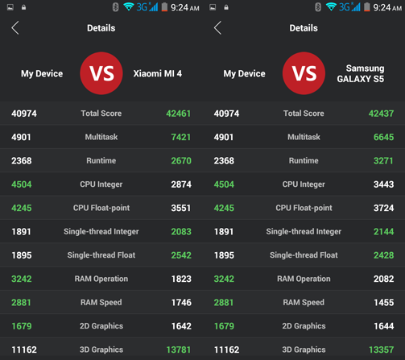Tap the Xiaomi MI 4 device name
pyautogui.click(x=157, y=74)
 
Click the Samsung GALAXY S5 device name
pyautogui.click(x=365, y=74)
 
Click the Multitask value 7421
pyautogui.click(x=181, y=138)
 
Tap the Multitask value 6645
pyautogui.click(x=383, y=138)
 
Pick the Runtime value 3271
pyautogui.click(x=383, y=161)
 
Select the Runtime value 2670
pyautogui.click(x=181, y=161)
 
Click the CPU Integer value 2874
pyautogui.click(x=181, y=184)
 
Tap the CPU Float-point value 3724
pyautogui.click(x=383, y=209)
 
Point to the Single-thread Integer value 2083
pyautogui.click(x=181, y=232)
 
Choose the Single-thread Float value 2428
pyautogui.click(x=383, y=255)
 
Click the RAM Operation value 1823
pyautogui.click(x=181, y=279)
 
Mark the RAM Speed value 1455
pyautogui.click(x=383, y=303)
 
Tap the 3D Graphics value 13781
pyautogui.click(x=179, y=350)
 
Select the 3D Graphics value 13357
pyautogui.click(x=382, y=350)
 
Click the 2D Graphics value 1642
pyautogui.click(x=181, y=326)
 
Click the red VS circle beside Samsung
pyautogui.click(x=304, y=74)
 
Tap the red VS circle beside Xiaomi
pyautogui.click(x=101, y=74)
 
